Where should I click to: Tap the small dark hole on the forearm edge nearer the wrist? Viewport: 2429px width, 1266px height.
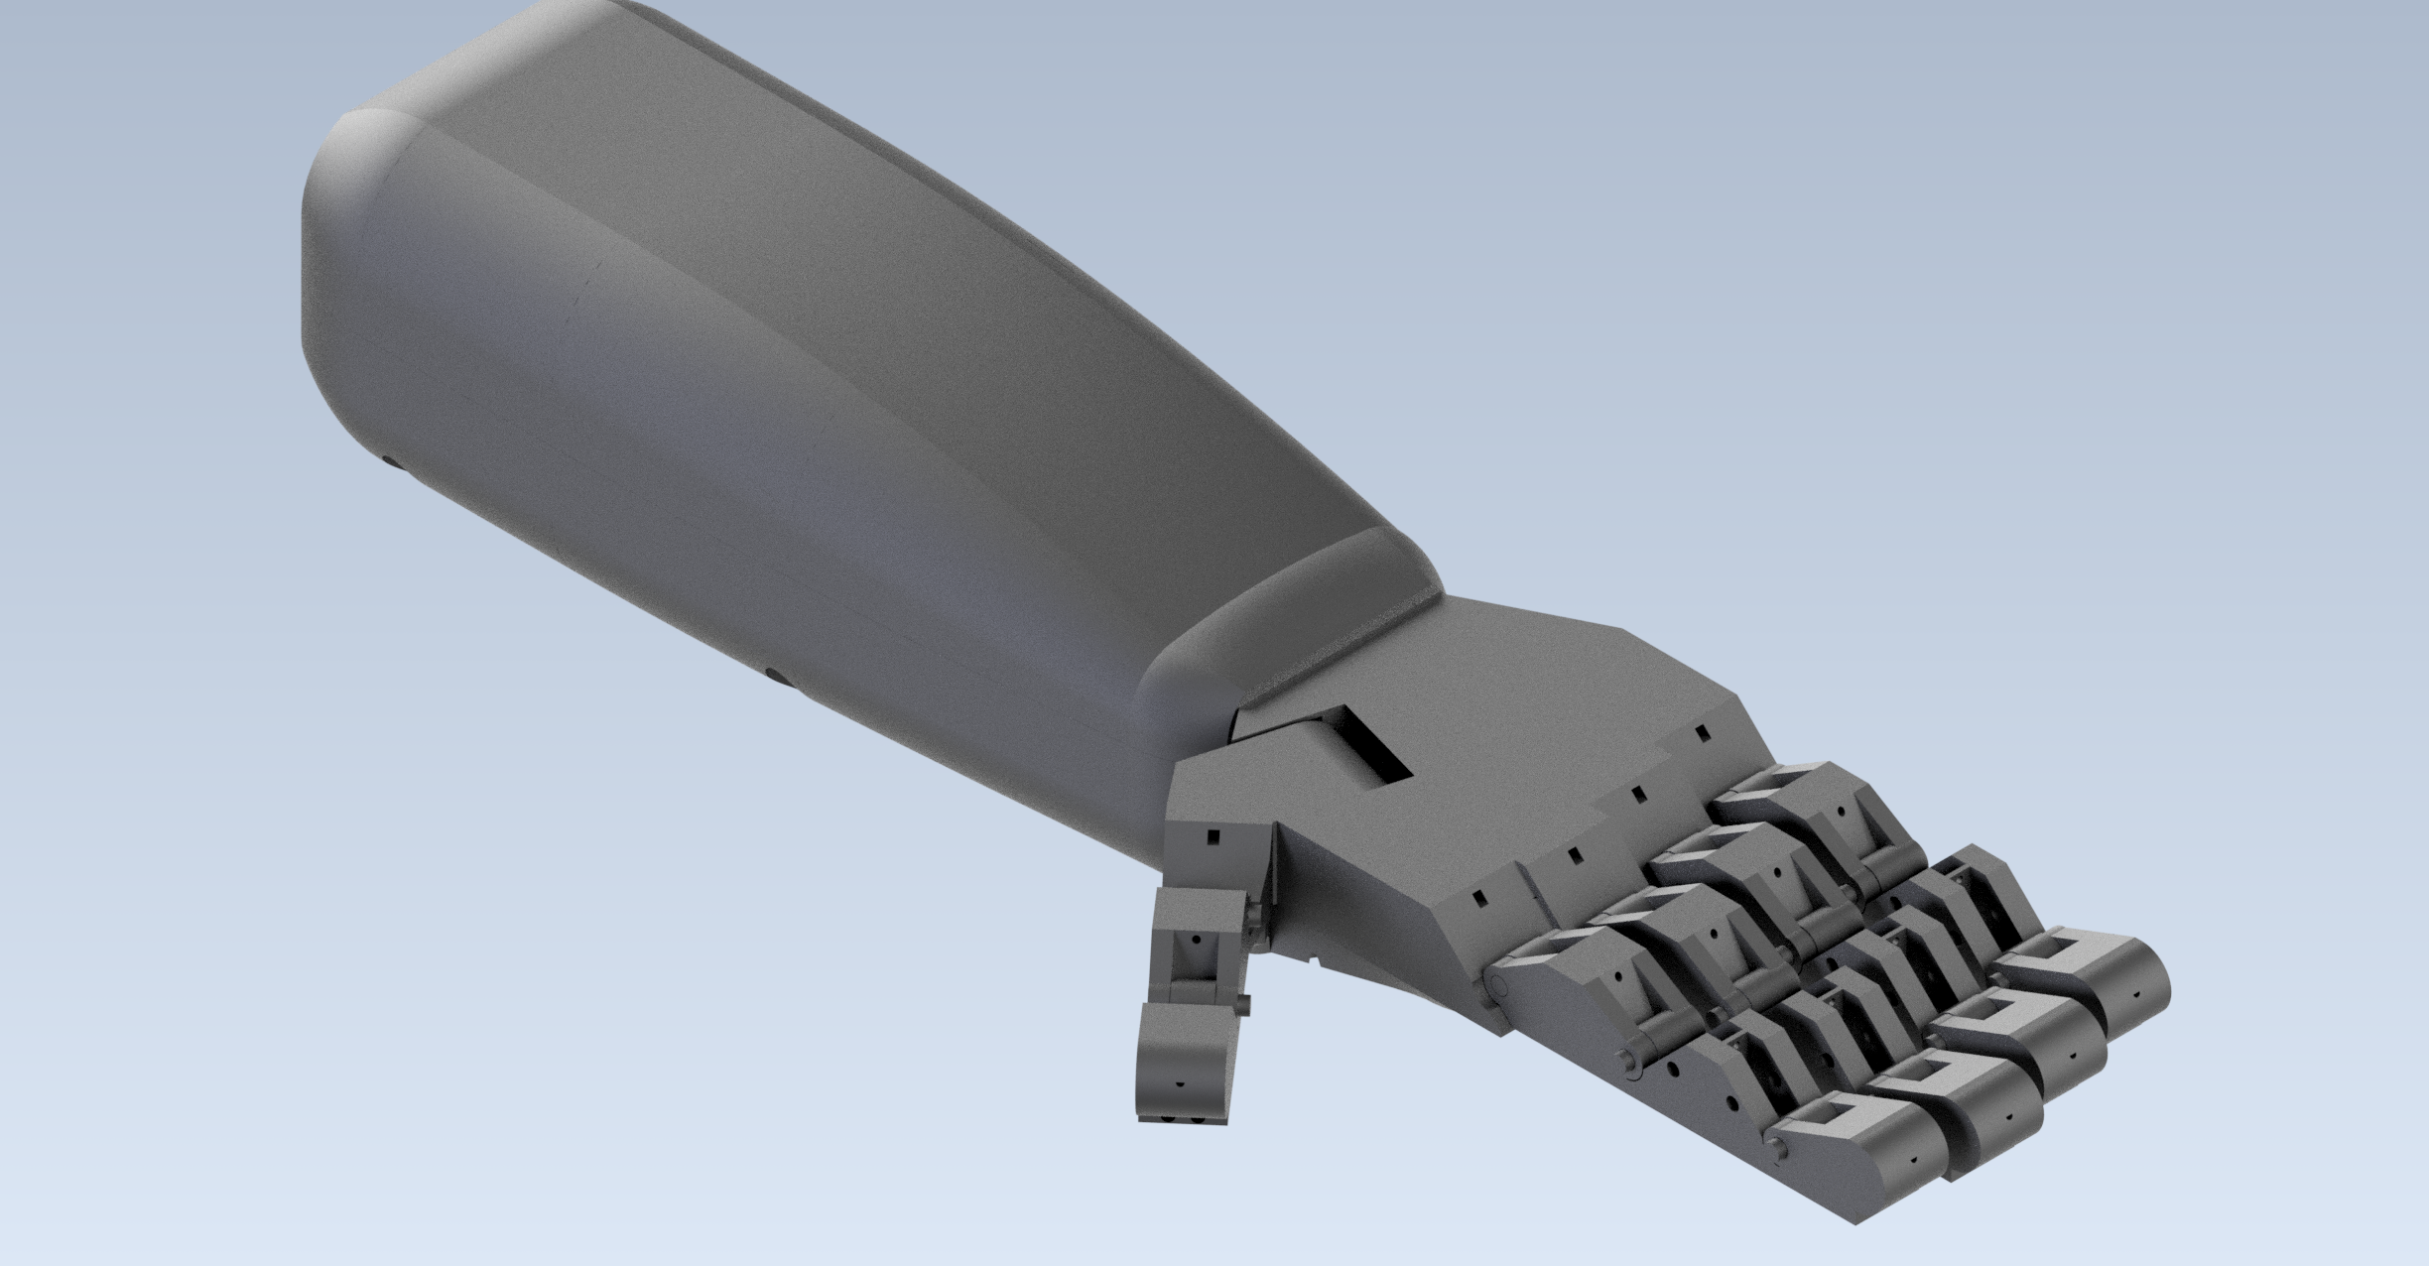point(775,676)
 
